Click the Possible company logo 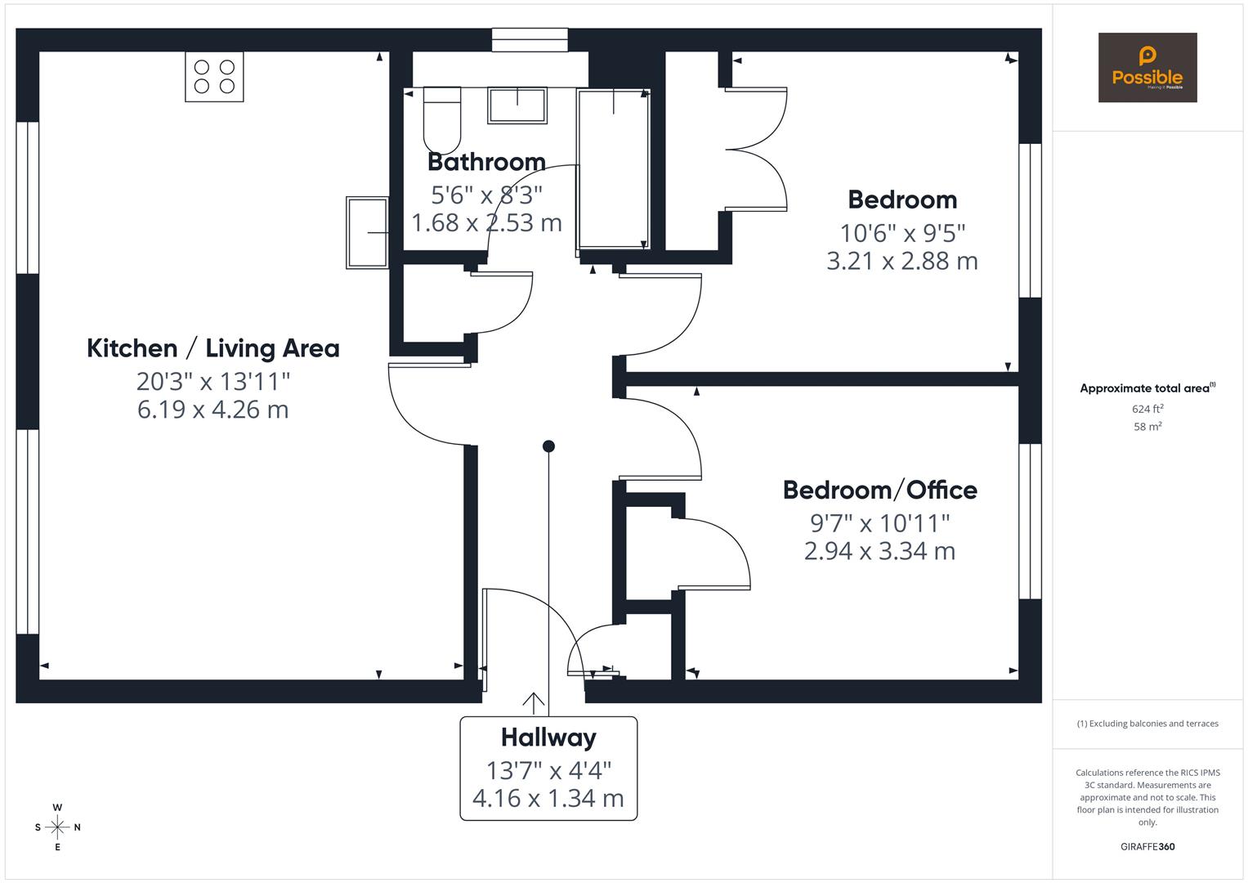tap(1147, 68)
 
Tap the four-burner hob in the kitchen tap(214, 77)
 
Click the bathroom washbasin tap(517, 105)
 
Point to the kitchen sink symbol tap(367, 232)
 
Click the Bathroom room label tap(486, 162)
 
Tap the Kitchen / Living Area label tap(213, 348)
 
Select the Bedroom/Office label tap(879, 490)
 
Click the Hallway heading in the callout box tap(548, 737)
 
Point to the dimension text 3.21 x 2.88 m tap(902, 261)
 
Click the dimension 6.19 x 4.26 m tap(213, 410)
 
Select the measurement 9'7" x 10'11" tap(879, 522)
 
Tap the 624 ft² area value tap(1147, 409)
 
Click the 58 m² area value tap(1147, 426)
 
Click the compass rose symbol tap(57, 827)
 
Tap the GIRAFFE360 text tap(1147, 847)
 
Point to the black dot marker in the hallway tap(549, 446)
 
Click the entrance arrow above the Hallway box tap(534, 702)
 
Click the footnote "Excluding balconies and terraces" tap(1147, 724)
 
